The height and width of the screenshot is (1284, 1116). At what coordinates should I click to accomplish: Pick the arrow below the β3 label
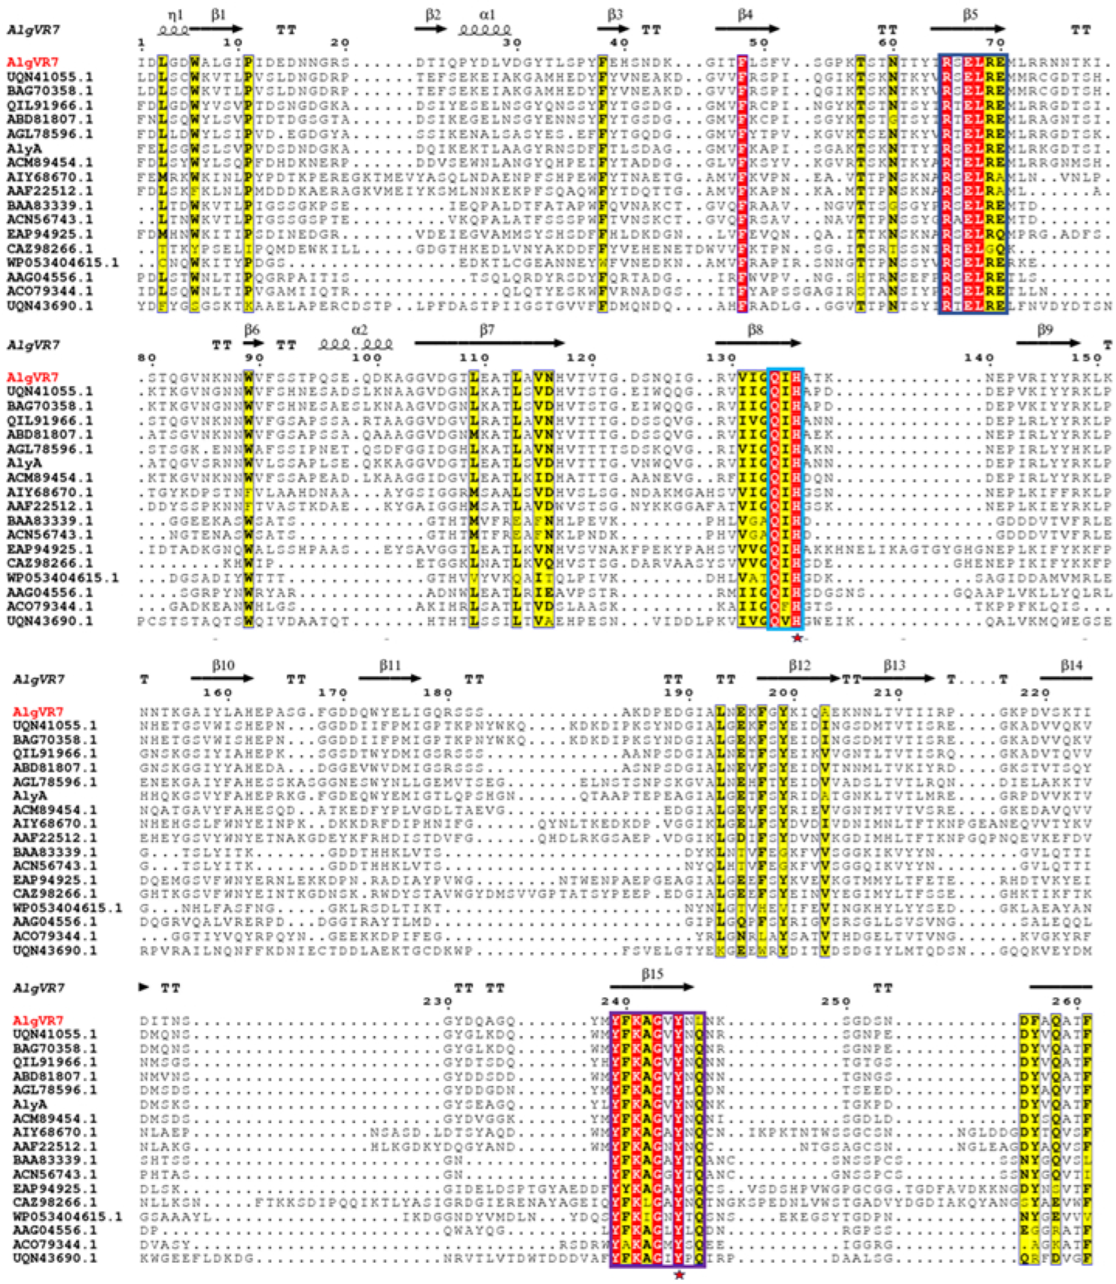[x=613, y=29]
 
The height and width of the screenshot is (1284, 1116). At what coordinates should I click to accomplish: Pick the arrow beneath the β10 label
[x=223, y=679]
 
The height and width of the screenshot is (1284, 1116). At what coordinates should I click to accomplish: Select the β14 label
[x=1071, y=666]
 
